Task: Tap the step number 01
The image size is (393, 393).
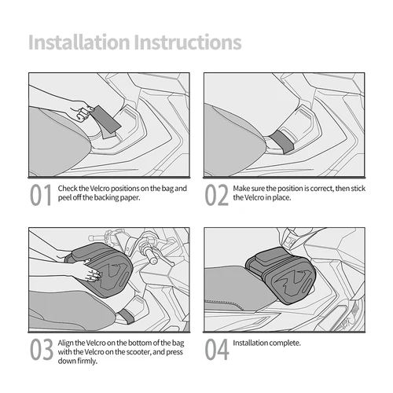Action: (x=41, y=195)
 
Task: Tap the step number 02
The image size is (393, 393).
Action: (x=217, y=195)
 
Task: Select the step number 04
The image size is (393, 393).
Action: (x=217, y=348)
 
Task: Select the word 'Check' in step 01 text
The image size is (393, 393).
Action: (x=68, y=189)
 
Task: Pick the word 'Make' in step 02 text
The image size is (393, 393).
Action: (x=243, y=189)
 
